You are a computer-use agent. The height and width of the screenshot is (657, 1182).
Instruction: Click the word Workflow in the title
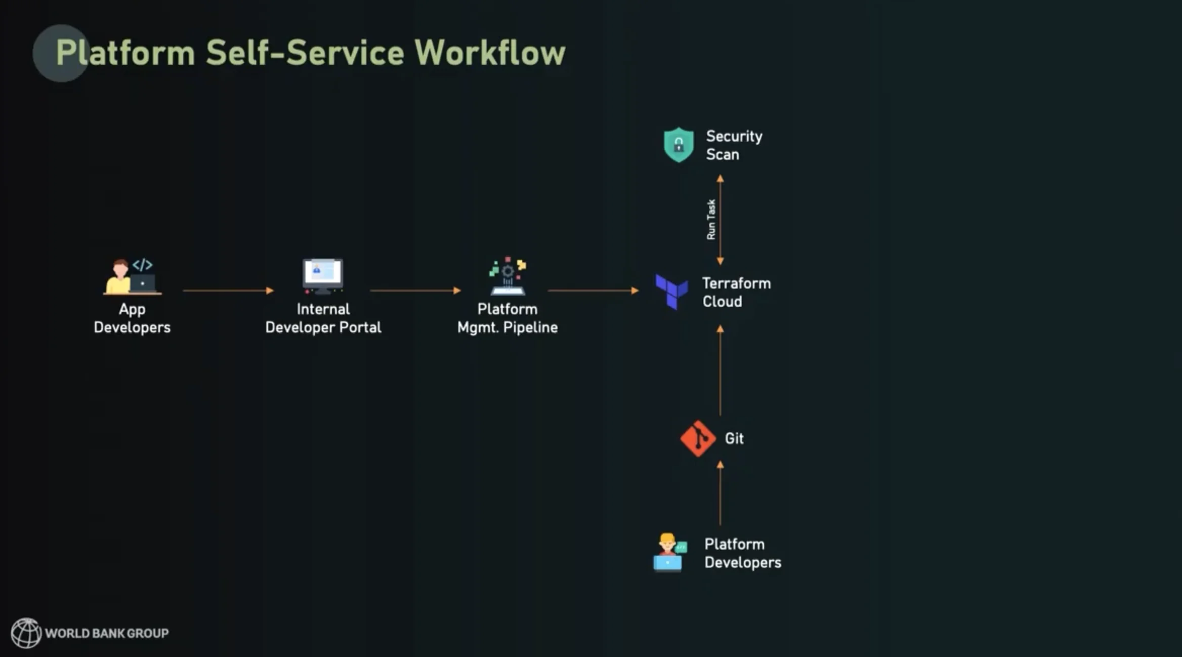[489, 53]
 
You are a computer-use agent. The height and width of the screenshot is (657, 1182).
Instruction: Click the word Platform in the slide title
[125, 53]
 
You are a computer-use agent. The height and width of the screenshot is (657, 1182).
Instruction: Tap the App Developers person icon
[132, 276]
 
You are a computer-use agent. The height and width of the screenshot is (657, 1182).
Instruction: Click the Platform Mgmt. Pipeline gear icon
[508, 276]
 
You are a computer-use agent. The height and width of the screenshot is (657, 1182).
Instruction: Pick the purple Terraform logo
[671, 292]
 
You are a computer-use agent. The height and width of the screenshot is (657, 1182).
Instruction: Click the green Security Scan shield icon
[679, 145]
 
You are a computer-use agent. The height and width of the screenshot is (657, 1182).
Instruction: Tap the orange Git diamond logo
[698, 438]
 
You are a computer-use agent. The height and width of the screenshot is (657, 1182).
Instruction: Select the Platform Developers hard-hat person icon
[669, 552]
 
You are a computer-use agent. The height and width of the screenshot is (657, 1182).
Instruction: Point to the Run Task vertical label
[711, 219]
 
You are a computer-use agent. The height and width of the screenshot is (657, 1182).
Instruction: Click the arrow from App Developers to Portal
[228, 291]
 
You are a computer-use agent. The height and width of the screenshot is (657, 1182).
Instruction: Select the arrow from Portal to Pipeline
[415, 291]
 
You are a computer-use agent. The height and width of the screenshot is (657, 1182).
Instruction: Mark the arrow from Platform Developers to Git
[720, 493]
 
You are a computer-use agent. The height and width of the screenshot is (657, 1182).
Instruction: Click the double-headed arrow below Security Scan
[720, 220]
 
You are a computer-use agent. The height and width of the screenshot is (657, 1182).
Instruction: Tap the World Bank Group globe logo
[26, 633]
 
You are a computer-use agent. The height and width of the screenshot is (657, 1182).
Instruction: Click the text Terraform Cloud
[736, 292]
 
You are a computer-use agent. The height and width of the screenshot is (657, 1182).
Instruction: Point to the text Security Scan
[734, 145]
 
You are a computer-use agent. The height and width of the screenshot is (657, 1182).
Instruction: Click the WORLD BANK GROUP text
[107, 633]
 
